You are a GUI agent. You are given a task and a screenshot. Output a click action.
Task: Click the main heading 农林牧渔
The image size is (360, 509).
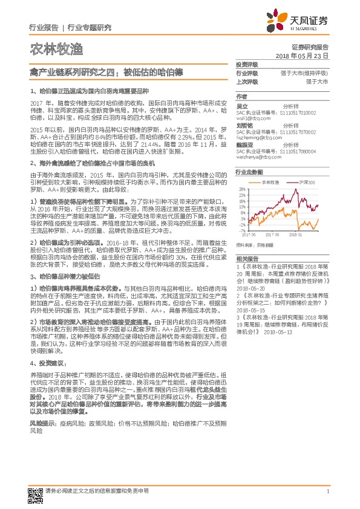click(56, 50)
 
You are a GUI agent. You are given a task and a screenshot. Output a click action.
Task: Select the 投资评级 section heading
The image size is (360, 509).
click(247, 65)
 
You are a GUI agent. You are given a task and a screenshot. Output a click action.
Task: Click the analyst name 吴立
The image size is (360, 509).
click(243, 106)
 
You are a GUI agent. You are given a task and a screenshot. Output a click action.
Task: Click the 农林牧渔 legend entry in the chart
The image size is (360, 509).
click(271, 182)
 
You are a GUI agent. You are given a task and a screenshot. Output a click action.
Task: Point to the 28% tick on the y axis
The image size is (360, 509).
click(242, 189)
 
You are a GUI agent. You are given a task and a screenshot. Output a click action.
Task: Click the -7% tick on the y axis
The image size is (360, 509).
click(243, 230)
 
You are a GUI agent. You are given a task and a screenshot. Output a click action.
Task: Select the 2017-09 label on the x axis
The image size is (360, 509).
click(272, 235)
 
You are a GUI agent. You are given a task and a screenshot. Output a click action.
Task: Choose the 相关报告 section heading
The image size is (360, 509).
click(247, 258)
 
